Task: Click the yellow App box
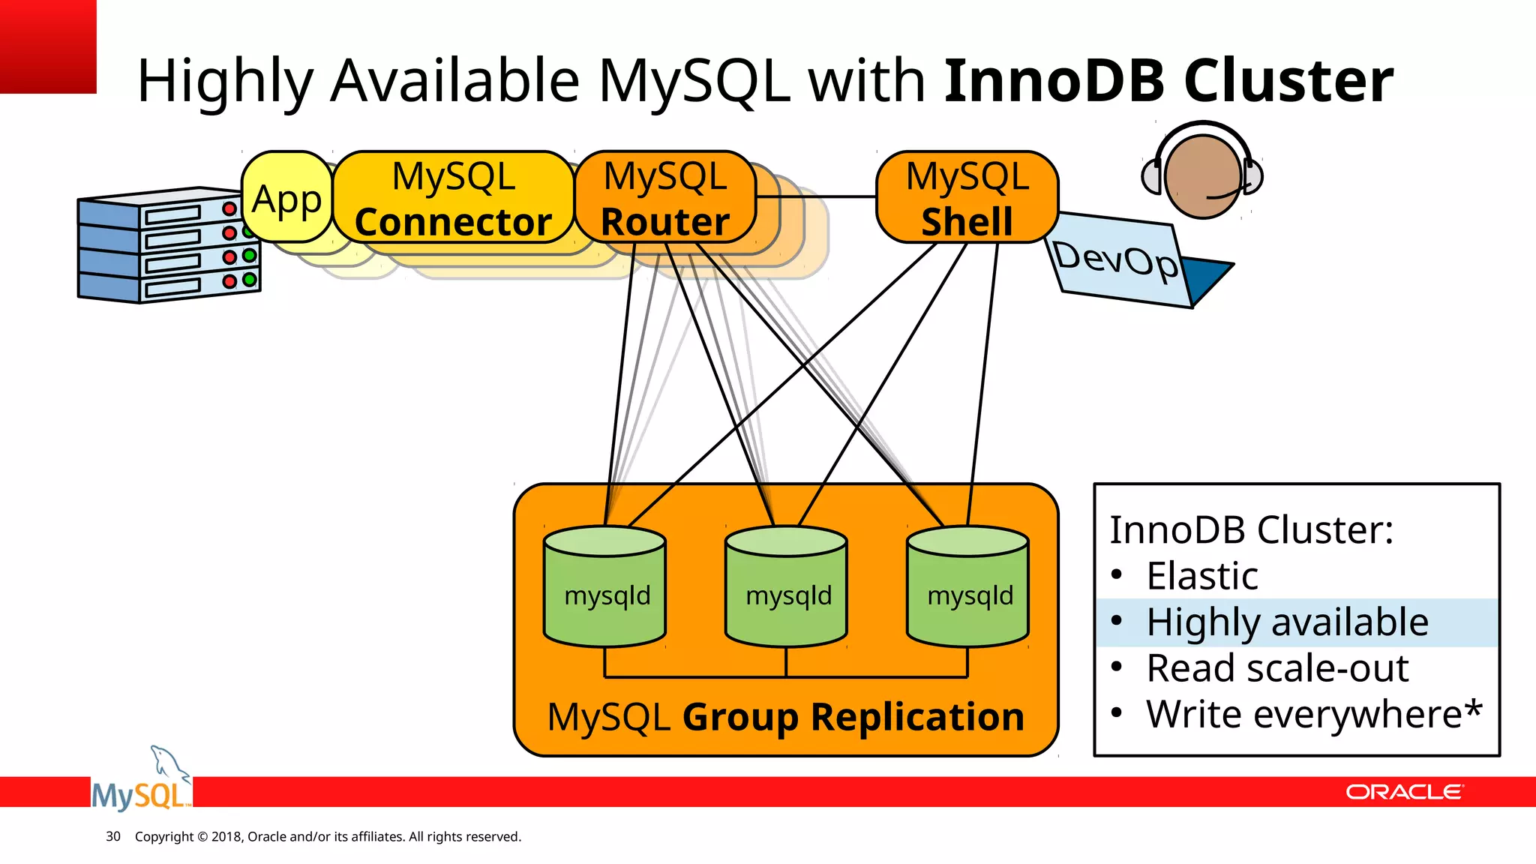point(287,198)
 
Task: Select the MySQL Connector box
point(453,198)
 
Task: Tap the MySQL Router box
point(664,198)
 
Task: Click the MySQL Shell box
point(967,198)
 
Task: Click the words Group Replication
point(853,717)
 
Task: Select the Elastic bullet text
point(1201,576)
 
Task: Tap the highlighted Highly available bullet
point(1287,622)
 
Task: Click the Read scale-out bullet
point(1276,668)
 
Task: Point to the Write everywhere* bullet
point(1314,714)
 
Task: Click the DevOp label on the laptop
point(1116,259)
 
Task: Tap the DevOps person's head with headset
point(1202,175)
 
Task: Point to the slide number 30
point(113,836)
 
